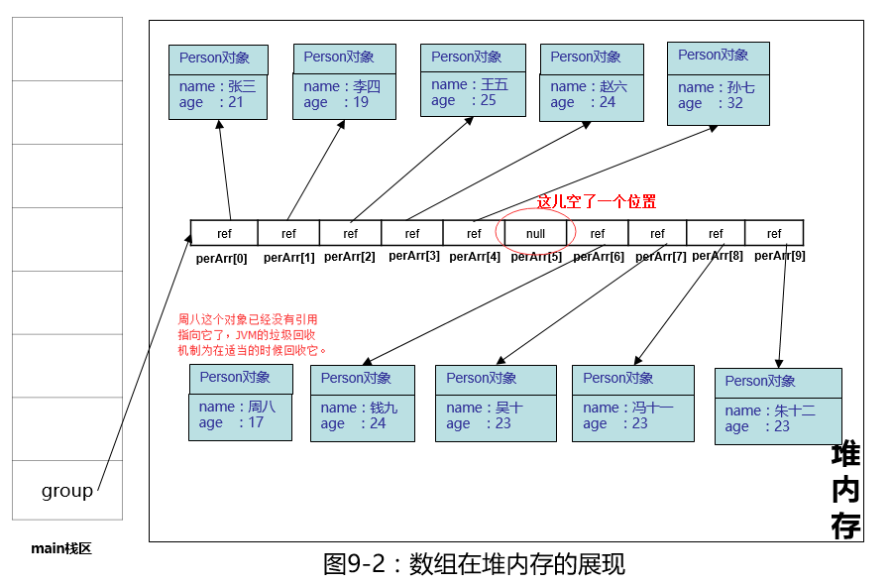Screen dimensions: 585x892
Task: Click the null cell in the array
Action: click(536, 234)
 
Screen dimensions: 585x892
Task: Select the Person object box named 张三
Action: click(217, 82)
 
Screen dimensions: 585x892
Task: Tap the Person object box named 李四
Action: click(344, 81)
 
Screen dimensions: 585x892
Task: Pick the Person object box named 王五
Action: click(472, 81)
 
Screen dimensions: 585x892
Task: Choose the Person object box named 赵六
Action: click(590, 82)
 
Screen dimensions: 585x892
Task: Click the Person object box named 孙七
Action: click(719, 82)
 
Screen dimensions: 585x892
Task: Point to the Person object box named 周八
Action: click(240, 403)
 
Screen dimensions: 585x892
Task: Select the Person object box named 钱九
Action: click(363, 404)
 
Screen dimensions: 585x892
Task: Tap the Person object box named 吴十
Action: click(496, 403)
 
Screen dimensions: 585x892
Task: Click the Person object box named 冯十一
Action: click(632, 403)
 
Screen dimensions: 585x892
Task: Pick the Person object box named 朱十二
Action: click(777, 407)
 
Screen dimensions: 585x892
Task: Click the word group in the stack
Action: click(67, 491)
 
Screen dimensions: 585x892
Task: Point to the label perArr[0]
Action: click(222, 259)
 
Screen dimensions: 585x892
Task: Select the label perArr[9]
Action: click(779, 256)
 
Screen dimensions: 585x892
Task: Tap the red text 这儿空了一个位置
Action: click(596, 201)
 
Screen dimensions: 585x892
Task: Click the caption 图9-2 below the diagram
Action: click(474, 564)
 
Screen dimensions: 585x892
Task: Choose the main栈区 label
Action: click(61, 548)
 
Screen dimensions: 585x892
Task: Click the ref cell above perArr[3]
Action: click(411, 234)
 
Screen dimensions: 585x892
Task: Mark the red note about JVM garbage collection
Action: click(252, 335)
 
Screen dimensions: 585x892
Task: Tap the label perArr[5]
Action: click(536, 257)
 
